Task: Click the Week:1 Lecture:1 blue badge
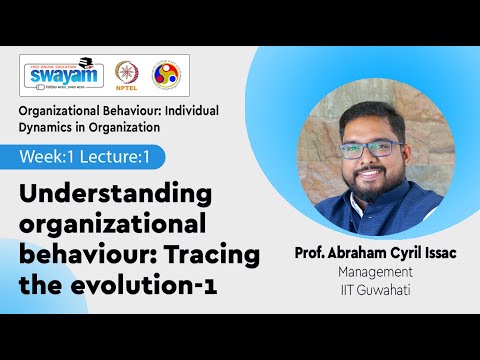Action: click(91, 157)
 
